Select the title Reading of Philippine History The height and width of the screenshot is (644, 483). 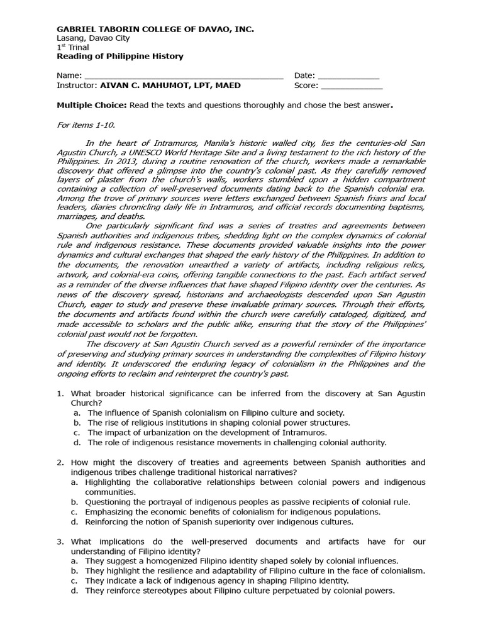(x=120, y=56)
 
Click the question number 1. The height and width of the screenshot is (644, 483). (x=60, y=393)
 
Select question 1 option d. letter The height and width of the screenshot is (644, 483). (x=75, y=442)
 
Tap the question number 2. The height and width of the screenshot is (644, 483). (x=60, y=462)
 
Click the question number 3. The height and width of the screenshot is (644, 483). (x=60, y=541)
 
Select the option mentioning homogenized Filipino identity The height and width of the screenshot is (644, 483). (x=241, y=560)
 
